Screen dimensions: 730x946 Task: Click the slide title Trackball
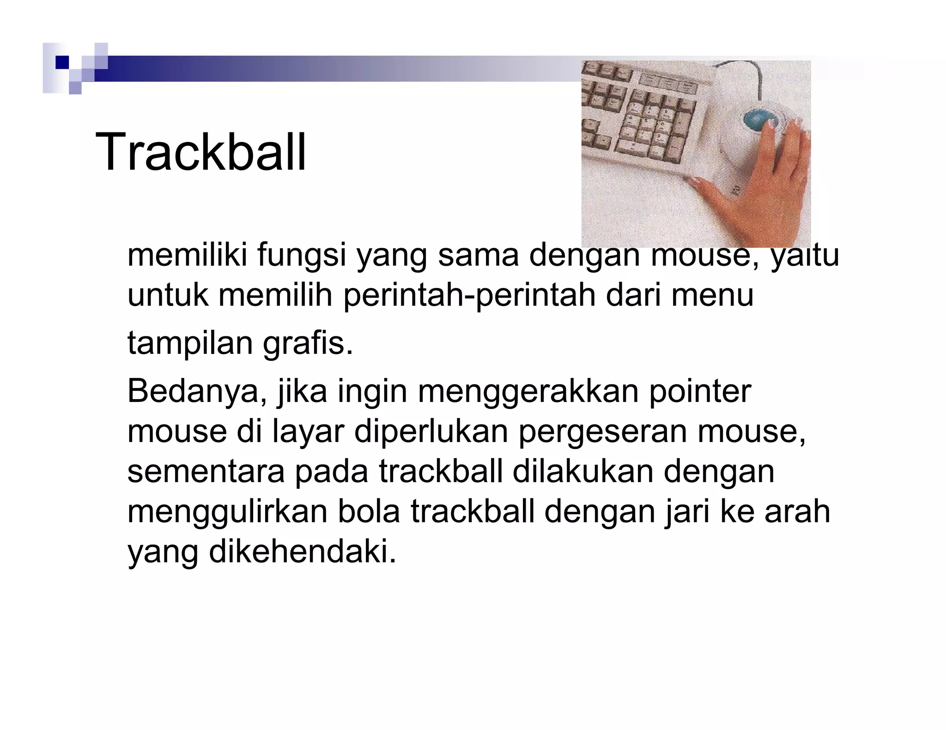click(x=200, y=153)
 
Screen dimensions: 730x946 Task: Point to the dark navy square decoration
click(x=61, y=62)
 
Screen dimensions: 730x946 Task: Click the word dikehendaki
click(x=303, y=552)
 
